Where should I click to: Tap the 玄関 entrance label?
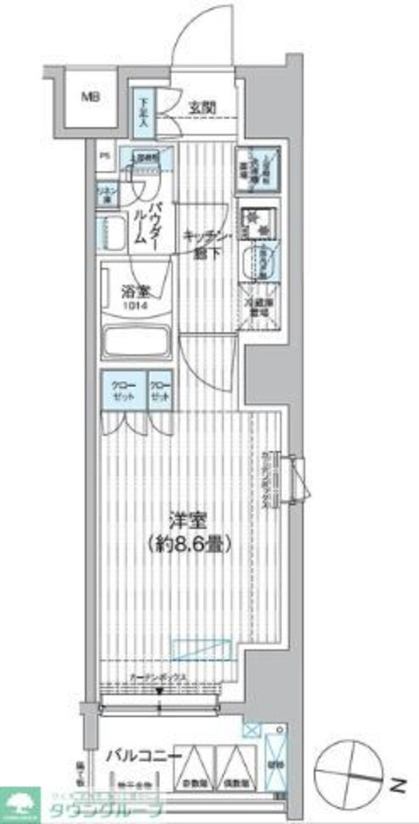pyautogui.click(x=202, y=108)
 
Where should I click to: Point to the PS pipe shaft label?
pyautogui.click(x=104, y=156)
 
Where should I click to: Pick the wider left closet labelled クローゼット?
pyautogui.click(x=123, y=389)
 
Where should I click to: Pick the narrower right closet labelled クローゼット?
pyautogui.click(x=160, y=389)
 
